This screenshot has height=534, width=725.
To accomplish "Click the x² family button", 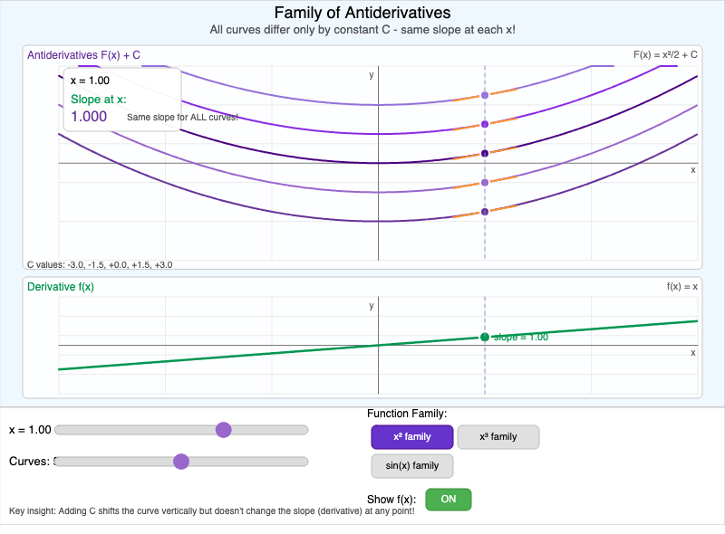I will pyautogui.click(x=411, y=437).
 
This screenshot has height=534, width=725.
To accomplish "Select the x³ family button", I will pyautogui.click(x=498, y=437).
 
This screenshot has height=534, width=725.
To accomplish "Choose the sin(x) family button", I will pyautogui.click(x=411, y=466).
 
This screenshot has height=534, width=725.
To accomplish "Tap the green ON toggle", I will pyautogui.click(x=448, y=499).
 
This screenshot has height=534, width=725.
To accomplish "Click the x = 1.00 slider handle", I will pyautogui.click(x=223, y=430).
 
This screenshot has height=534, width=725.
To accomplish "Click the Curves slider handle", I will pyautogui.click(x=180, y=462).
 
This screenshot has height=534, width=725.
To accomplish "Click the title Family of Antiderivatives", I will pyautogui.click(x=362, y=13).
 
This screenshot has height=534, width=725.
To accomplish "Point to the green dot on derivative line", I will pyautogui.click(x=484, y=337).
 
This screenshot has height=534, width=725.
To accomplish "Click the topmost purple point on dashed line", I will pyautogui.click(x=484, y=95).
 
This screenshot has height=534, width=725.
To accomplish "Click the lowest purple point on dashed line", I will pyautogui.click(x=484, y=212).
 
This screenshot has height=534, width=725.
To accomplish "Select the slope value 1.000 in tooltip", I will pyautogui.click(x=89, y=117).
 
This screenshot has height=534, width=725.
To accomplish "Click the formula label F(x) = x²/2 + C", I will pyautogui.click(x=664, y=54).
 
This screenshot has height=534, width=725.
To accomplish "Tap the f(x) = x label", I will pyautogui.click(x=681, y=286).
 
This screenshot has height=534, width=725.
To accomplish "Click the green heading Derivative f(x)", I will pyautogui.click(x=61, y=287).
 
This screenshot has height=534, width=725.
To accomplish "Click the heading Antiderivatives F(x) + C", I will pyautogui.click(x=83, y=55).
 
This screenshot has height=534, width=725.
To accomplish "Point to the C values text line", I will pyautogui.click(x=100, y=265).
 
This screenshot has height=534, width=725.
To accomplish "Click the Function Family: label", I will pyautogui.click(x=407, y=414).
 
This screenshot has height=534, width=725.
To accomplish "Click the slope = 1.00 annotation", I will pyautogui.click(x=520, y=337).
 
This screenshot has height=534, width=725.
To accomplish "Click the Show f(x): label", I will pyautogui.click(x=391, y=499).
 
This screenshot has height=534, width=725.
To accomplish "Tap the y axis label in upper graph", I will pyautogui.click(x=372, y=75).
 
